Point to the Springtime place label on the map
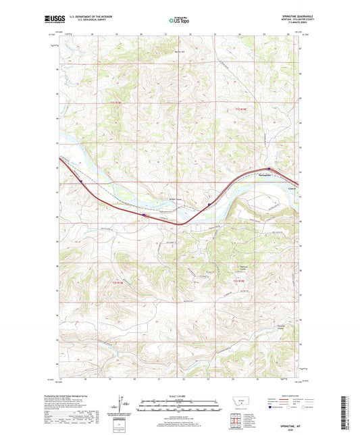point(266,176)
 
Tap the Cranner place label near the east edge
point(292,188)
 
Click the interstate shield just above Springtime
point(268,169)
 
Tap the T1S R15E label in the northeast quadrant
point(240,109)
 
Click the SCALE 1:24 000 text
point(180,395)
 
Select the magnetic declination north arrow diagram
point(121,403)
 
